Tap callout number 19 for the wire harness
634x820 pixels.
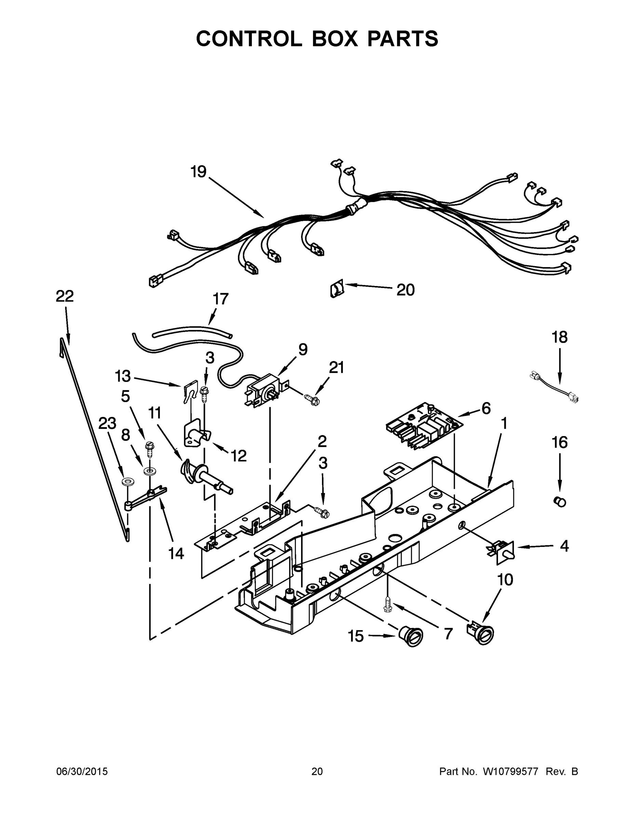(x=198, y=172)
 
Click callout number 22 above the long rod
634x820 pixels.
(x=65, y=296)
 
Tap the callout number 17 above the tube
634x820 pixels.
(x=220, y=299)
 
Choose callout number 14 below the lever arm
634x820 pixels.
(x=176, y=553)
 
